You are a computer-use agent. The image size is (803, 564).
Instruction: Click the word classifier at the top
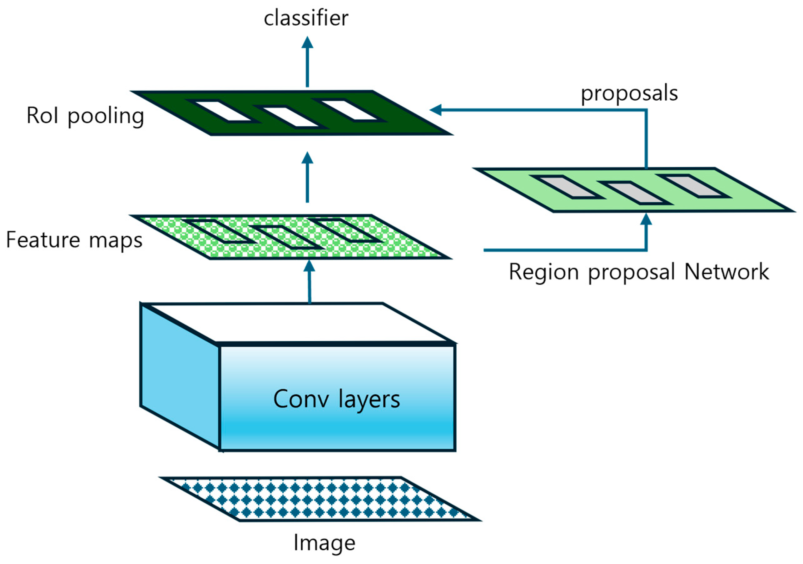click(306, 18)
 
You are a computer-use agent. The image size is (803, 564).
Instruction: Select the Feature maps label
click(74, 240)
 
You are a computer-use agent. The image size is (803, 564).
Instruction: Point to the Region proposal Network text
click(639, 272)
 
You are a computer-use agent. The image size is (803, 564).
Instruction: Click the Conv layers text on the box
click(336, 399)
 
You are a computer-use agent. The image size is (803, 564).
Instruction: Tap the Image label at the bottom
click(324, 543)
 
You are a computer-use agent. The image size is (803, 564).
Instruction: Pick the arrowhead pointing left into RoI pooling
click(435, 110)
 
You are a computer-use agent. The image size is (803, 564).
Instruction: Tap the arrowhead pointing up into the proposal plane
click(646, 220)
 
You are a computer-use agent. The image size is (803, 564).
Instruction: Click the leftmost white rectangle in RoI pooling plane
click(223, 111)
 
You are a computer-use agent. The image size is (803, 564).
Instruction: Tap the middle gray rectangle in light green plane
click(634, 193)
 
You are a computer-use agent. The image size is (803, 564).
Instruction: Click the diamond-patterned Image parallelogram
click(320, 499)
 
